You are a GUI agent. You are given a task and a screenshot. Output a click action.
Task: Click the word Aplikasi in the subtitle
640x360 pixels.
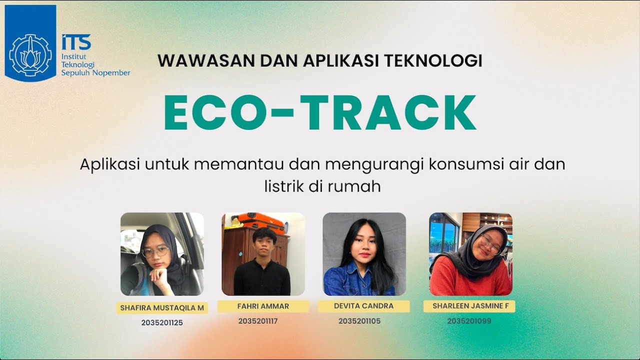click(x=110, y=164)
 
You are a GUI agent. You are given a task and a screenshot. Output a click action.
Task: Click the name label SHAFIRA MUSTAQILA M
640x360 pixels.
click(x=162, y=308)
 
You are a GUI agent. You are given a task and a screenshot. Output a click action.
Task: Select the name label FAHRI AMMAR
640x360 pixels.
click(x=263, y=306)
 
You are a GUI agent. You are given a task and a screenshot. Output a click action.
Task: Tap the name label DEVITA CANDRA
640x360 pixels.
click(x=363, y=306)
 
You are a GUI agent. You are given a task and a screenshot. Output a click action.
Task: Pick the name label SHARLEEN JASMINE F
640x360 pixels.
click(x=469, y=306)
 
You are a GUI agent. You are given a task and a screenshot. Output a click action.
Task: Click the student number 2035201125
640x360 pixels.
click(x=162, y=323)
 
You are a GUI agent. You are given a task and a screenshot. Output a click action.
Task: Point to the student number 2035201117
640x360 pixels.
click(x=258, y=321)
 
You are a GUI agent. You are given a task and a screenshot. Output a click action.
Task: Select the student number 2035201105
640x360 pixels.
click(x=359, y=321)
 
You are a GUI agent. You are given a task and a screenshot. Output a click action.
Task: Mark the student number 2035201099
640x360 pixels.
click(x=469, y=321)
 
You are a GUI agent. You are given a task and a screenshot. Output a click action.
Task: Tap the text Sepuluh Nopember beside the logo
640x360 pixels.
click(x=95, y=73)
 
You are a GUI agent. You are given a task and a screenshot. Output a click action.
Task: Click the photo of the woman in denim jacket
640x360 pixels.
click(x=364, y=254)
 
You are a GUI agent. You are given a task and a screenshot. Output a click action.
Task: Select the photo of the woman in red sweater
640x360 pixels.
click(x=470, y=254)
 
